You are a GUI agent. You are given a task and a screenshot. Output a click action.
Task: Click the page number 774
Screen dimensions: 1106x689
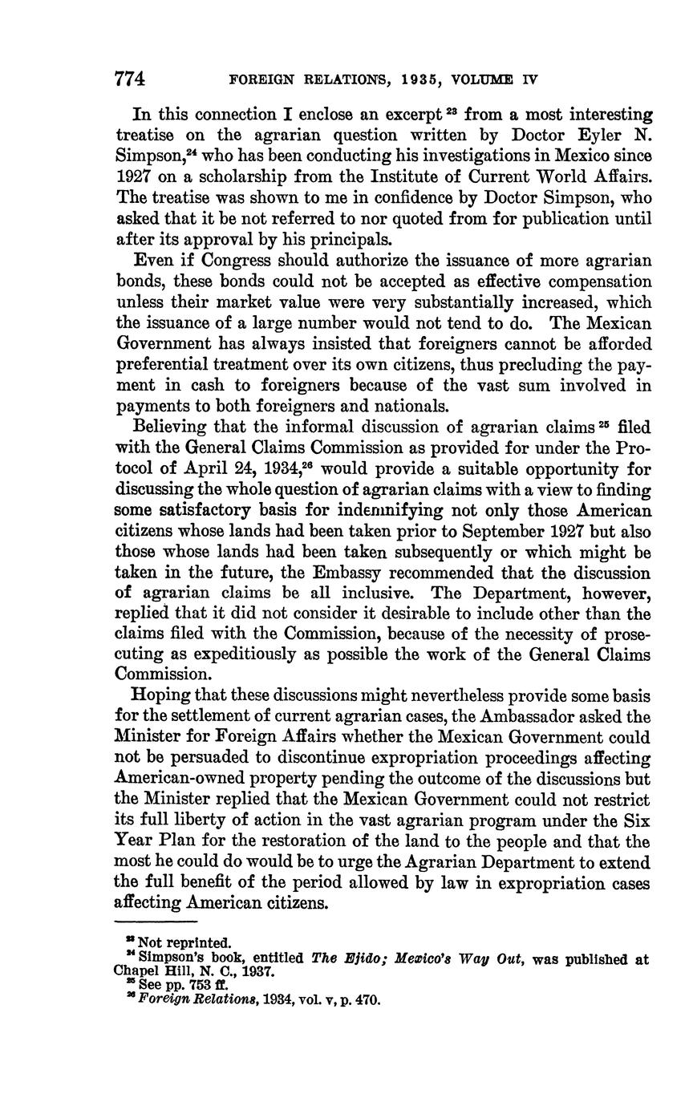coord(130,79)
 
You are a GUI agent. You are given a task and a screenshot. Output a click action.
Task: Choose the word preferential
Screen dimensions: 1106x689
coord(167,365)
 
